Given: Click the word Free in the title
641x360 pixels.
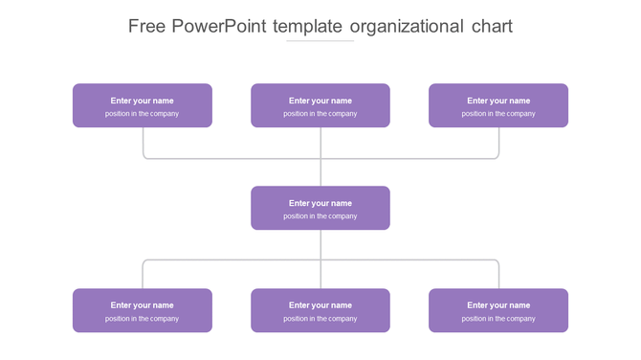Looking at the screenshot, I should coord(147,26).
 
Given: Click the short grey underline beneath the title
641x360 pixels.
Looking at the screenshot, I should coord(320,41).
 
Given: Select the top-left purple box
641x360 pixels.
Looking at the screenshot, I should coord(143,105).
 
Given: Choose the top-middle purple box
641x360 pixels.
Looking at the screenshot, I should coord(320,105).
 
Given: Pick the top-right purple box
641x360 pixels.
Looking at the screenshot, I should coord(498,105).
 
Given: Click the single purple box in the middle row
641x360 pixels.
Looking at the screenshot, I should coord(320,208).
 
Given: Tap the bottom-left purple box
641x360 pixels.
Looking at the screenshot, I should coord(143,310).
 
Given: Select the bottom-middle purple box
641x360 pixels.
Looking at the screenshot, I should coord(320,310).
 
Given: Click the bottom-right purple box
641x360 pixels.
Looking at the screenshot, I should coord(498,310).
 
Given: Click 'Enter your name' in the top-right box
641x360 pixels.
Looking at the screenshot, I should coord(498,101).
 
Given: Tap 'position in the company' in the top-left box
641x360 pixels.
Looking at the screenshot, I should coord(143,114).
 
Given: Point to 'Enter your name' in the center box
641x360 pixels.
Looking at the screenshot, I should coord(320,203).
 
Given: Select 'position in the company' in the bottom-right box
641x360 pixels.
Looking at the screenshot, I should coord(498,319).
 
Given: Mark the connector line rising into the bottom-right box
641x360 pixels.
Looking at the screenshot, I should coord(498,275).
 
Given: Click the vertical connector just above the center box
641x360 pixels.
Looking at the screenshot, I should coord(320,173).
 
